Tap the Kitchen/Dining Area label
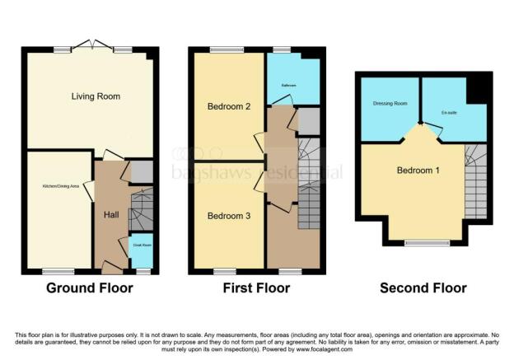(x=61, y=187)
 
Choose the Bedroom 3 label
(x=223, y=216)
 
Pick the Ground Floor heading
(x=89, y=288)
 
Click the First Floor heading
(x=256, y=288)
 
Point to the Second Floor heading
(x=423, y=288)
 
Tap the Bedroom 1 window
(x=426, y=242)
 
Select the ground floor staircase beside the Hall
(x=141, y=210)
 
